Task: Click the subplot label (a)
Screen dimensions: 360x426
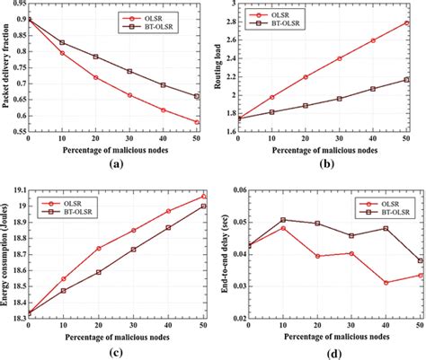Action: click(x=116, y=165)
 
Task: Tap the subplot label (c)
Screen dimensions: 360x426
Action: click(x=116, y=353)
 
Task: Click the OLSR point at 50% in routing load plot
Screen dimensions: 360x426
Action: click(x=406, y=22)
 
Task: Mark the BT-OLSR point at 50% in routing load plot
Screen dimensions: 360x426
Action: click(x=406, y=80)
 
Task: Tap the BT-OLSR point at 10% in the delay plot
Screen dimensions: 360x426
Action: click(x=283, y=219)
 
